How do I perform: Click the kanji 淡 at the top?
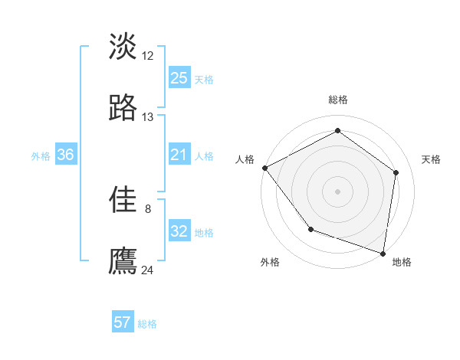123,46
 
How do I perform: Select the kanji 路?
123,109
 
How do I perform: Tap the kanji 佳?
123,200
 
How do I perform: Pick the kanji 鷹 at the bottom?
123,260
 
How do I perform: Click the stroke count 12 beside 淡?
148,55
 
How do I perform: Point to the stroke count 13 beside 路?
148,117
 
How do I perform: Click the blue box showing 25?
179,78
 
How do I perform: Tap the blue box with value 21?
179,155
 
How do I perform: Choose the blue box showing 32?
179,232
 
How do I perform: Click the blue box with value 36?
66,155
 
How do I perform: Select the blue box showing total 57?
123,322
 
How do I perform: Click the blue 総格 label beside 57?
147,324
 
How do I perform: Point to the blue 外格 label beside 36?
41,156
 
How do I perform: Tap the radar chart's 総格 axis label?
337,100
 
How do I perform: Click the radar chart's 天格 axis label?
432,159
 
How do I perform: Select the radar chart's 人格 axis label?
245,159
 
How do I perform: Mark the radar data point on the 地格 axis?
383,253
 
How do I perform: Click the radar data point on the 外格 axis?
310,229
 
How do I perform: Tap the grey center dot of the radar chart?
337,191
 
